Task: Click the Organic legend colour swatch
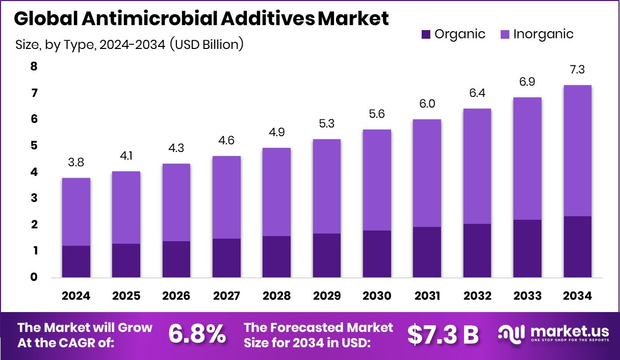click(426, 35)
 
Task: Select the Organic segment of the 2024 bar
click(76, 262)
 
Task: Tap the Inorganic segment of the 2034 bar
click(577, 150)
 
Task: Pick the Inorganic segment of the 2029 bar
click(327, 186)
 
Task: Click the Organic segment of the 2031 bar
click(427, 252)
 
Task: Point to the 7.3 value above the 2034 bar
click(577, 69)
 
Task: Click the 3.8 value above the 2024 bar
click(76, 162)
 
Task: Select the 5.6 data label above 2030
click(377, 114)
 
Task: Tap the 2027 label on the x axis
click(226, 296)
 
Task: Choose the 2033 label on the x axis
click(527, 296)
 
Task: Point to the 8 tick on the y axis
click(34, 66)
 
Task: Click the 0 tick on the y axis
click(34, 277)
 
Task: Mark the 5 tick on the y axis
click(34, 146)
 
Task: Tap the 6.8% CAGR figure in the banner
click(197, 335)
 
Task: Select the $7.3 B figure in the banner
click(443, 335)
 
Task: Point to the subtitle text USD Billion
click(209, 45)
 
